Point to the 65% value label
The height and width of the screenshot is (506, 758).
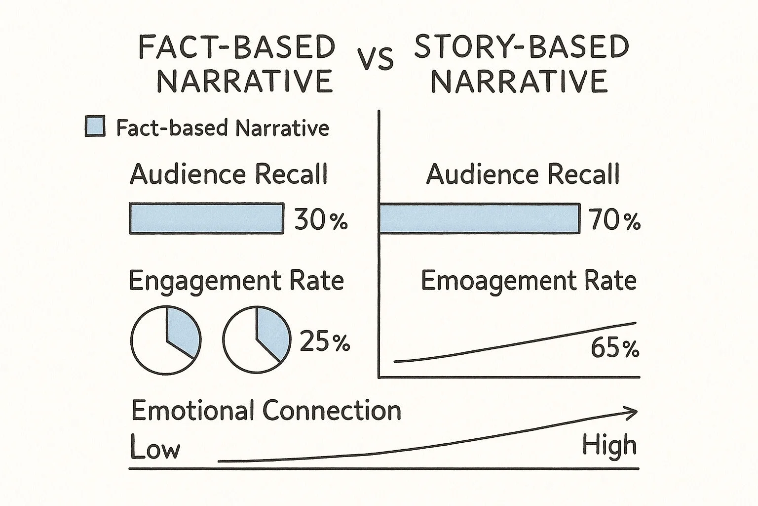coord(614,349)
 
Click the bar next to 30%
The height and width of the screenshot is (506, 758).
coord(206,218)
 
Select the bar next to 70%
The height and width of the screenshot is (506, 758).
coord(479,218)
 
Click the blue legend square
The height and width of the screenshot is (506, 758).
coord(95,126)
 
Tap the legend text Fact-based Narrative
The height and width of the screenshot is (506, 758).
coord(223,128)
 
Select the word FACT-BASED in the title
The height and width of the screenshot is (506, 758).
coord(237,48)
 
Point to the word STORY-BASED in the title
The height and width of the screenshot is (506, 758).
coord(522,47)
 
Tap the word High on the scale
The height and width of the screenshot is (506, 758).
coord(609,446)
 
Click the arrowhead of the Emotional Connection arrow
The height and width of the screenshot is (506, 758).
coord(633,413)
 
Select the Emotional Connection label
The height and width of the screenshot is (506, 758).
coord(266,411)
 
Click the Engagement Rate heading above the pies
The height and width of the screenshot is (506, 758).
coord(236,281)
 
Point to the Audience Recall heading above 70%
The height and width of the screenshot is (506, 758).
coord(523,174)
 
